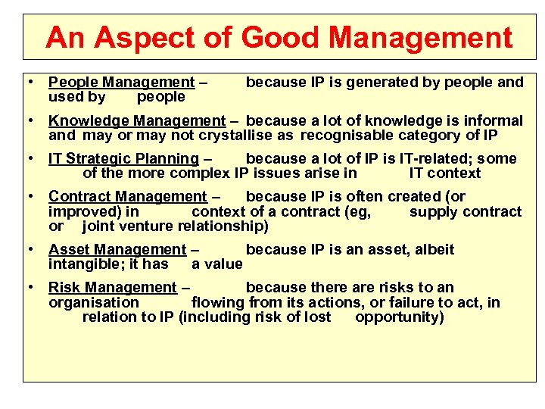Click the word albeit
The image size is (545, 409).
coord(433,249)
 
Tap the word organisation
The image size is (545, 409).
coord(94,302)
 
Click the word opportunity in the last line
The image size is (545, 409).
coord(398,317)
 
